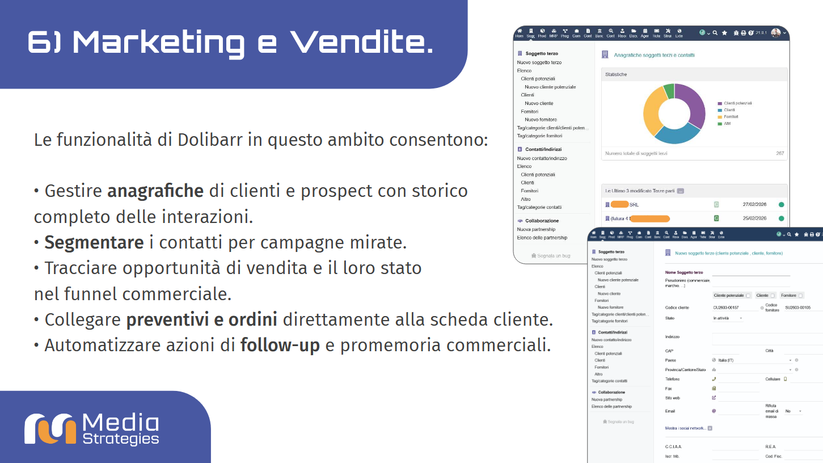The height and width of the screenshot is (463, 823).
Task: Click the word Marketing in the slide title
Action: pyautogui.click(x=159, y=43)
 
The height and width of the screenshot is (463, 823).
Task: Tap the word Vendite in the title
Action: pyautogui.click(x=361, y=43)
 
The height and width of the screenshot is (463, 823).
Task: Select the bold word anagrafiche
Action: pyautogui.click(x=155, y=191)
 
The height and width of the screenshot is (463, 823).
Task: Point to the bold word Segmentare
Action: pyautogui.click(x=94, y=243)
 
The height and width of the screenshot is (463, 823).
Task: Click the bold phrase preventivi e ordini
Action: pyautogui.click(x=201, y=320)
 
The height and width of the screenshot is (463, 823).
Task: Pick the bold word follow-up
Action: pyautogui.click(x=280, y=345)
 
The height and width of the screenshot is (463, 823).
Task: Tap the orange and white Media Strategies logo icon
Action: pyautogui.click(x=50, y=429)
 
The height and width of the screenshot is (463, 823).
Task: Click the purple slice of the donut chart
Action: pyautogui.click(x=693, y=106)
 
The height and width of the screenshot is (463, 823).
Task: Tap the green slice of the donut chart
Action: pyautogui.click(x=669, y=91)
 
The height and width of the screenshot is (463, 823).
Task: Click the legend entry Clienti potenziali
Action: pyautogui.click(x=738, y=103)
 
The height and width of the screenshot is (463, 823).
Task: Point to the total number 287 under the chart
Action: pyautogui.click(x=780, y=154)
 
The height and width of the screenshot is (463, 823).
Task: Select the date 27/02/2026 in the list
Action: pyautogui.click(x=754, y=204)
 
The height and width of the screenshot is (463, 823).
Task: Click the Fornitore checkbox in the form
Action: pyautogui.click(x=800, y=296)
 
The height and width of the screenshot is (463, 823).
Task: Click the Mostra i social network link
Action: pyautogui.click(x=685, y=428)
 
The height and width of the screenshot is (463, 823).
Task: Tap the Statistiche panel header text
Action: pyautogui.click(x=616, y=74)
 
